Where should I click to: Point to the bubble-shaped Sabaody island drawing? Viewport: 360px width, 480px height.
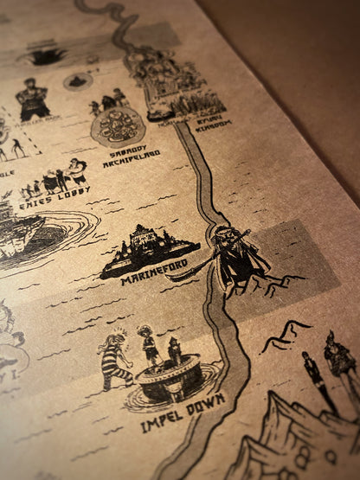[119, 127]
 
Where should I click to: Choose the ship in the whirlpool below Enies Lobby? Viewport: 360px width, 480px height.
[22, 230]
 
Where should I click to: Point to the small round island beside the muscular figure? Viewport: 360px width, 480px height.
[78, 82]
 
